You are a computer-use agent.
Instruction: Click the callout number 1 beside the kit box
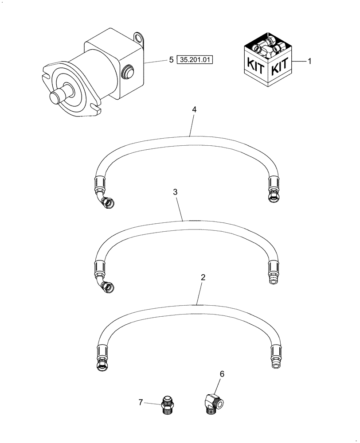point(309,62)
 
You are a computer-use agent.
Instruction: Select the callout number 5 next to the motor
point(171,60)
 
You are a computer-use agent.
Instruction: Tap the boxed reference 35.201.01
point(195,60)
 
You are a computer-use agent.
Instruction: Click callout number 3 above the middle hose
point(176,192)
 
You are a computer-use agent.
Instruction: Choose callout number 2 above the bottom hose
point(203,278)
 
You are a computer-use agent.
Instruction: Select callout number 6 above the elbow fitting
point(222,374)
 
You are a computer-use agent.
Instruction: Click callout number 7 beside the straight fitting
point(141,402)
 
